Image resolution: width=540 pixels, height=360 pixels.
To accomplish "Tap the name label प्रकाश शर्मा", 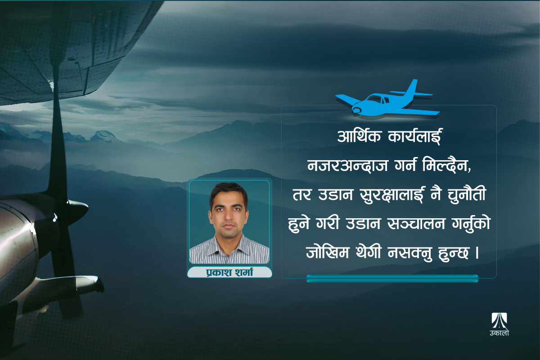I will pyautogui.click(x=229, y=272).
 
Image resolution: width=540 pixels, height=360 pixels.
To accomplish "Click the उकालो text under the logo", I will pyautogui.click(x=499, y=333).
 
